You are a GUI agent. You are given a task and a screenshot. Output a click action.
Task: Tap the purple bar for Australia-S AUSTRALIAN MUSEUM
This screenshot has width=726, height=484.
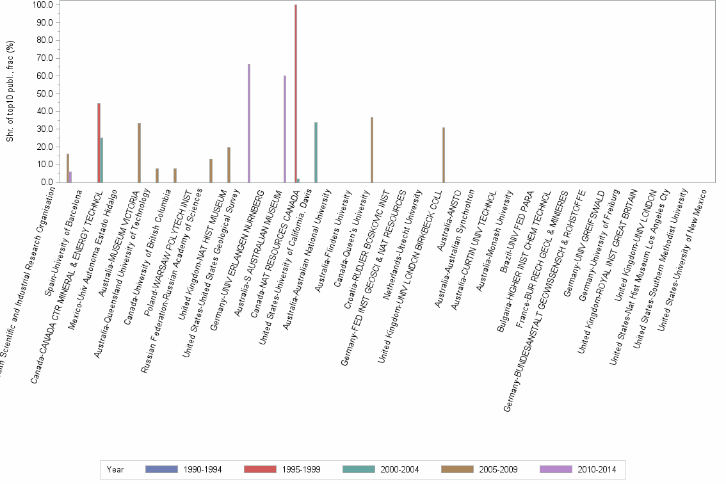pyautogui.click(x=285, y=129)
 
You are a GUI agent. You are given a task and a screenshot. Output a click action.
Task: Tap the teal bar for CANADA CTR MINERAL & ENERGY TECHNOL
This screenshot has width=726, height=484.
pyautogui.click(x=102, y=160)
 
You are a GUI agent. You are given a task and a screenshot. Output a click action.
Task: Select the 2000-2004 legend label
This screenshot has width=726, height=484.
pyautogui.click(x=399, y=470)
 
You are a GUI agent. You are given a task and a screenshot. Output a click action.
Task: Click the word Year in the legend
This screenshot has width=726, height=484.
pyautogui.click(x=115, y=470)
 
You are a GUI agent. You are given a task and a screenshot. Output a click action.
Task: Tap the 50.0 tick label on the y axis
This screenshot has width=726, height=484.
pyautogui.click(x=44, y=93)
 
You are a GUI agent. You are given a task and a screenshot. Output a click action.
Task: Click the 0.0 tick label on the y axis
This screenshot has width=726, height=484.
pyautogui.click(x=45, y=182)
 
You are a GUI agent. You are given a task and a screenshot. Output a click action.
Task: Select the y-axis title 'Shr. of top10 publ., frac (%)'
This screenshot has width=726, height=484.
pyautogui.click(x=10, y=91)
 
